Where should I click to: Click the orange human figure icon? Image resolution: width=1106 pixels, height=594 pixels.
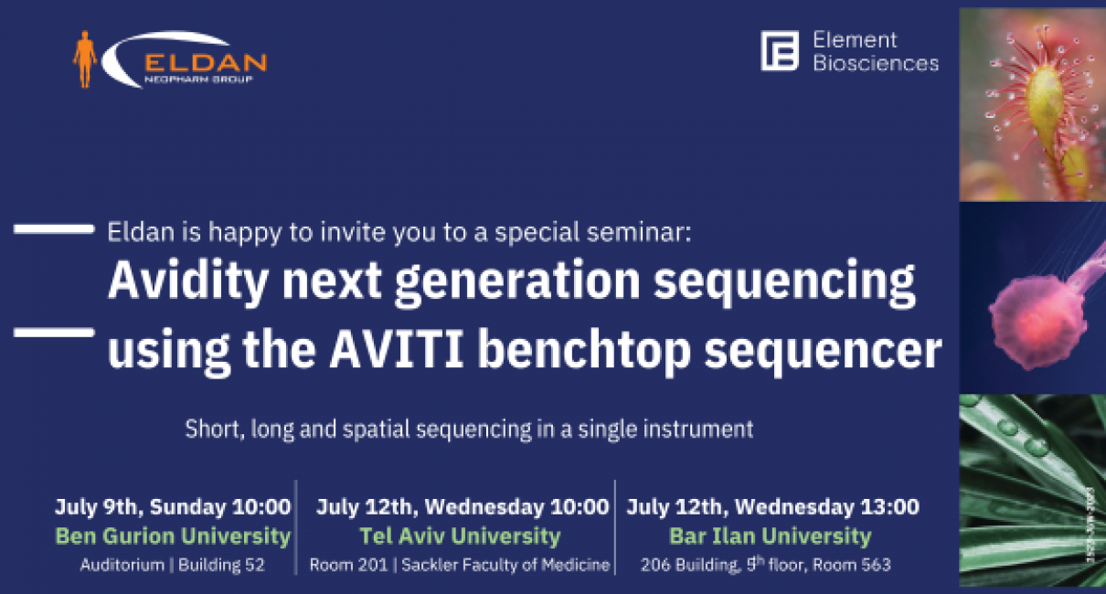click(85, 59)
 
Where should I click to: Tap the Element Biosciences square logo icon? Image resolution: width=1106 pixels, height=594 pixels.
click(779, 50)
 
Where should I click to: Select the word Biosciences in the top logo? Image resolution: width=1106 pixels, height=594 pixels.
click(876, 63)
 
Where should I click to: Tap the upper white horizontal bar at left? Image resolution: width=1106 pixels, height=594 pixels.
click(54, 229)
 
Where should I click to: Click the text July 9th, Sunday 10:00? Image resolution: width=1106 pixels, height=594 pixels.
click(173, 506)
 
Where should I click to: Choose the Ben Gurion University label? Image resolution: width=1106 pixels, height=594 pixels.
click(173, 536)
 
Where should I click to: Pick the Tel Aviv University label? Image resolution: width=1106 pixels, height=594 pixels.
click(460, 536)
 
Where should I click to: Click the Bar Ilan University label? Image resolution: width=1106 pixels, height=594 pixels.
click(770, 536)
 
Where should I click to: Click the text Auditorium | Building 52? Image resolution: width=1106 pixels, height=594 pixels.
click(173, 565)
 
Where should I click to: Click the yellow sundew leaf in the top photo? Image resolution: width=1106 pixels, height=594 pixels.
click(1046, 110)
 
